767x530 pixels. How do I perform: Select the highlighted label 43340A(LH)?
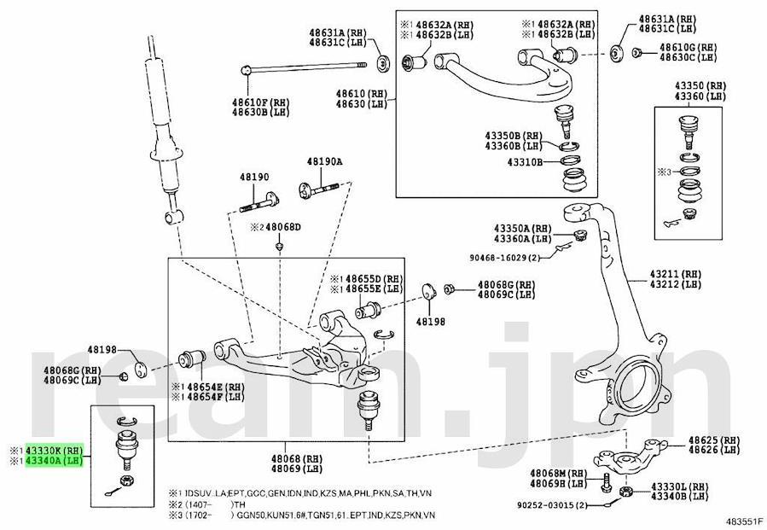pyautogui.click(x=54, y=461)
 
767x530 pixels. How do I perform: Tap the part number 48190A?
pyautogui.click(x=324, y=162)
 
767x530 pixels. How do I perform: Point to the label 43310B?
pyautogui.click(x=524, y=162)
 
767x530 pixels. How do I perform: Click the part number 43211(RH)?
pyautogui.click(x=674, y=273)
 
